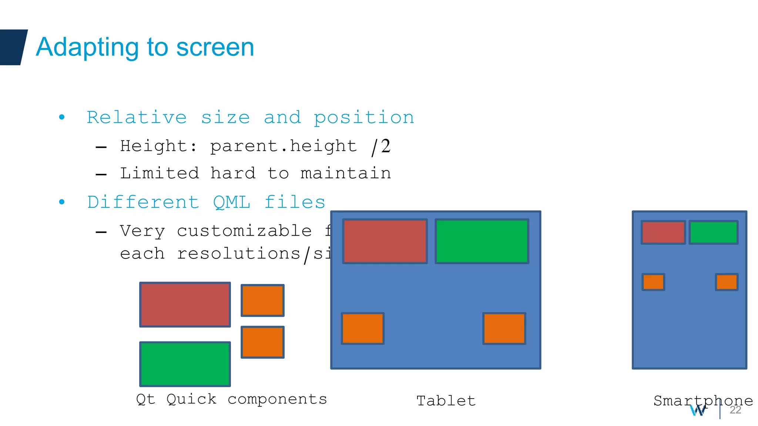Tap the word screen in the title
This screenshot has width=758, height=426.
(x=215, y=47)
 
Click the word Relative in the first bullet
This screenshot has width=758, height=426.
(x=137, y=118)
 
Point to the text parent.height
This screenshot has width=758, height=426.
(x=283, y=146)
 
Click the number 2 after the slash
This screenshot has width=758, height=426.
(x=386, y=146)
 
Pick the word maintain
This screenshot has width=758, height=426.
(x=346, y=173)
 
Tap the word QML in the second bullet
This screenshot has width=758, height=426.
(x=232, y=202)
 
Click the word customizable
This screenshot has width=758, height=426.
(x=244, y=231)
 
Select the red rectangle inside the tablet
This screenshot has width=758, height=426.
(x=385, y=241)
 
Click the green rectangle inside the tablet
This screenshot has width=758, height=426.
(x=482, y=241)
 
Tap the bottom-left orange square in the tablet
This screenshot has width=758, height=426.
(x=363, y=328)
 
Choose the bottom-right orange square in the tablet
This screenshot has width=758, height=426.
(x=504, y=328)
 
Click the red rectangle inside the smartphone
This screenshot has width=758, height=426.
(x=663, y=232)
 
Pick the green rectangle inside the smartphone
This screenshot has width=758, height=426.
(x=714, y=232)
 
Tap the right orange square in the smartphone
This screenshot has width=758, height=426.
(x=727, y=282)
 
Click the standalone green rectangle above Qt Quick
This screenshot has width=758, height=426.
(x=185, y=364)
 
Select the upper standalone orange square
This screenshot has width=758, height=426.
(x=262, y=300)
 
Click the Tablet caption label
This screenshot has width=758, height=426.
(x=446, y=401)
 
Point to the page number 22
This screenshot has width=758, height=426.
(x=735, y=410)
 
